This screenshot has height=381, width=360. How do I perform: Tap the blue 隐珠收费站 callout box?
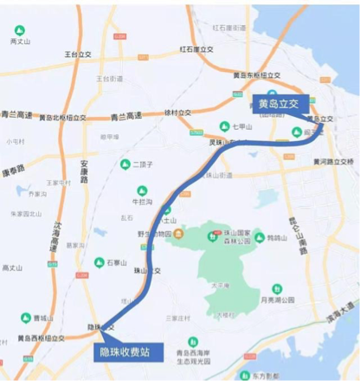[128, 352]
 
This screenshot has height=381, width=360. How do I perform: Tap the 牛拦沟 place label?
[143, 201]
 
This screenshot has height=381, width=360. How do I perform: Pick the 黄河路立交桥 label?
[333, 162]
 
